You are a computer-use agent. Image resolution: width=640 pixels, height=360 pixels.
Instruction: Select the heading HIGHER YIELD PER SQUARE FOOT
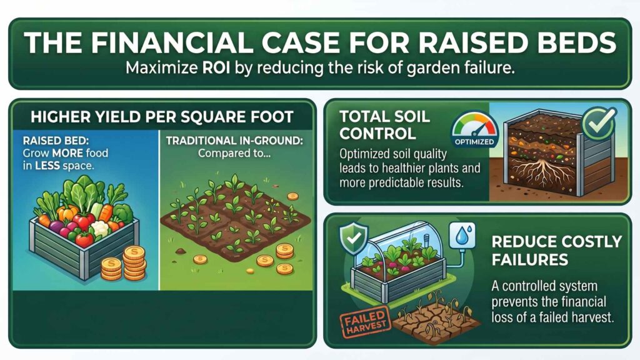click(x=161, y=116)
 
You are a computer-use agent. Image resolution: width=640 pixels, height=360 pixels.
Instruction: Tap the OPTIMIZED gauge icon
click(x=474, y=130)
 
